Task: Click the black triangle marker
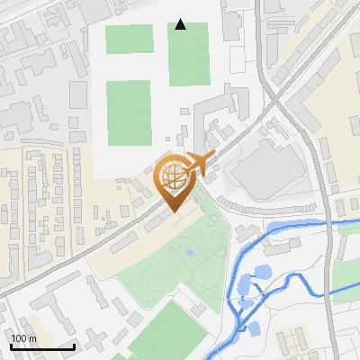pos(181,24)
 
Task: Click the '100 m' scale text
pos(24,337)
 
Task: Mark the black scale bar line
pos(42,346)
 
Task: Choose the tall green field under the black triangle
pos(189,54)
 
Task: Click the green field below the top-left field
pos(130,112)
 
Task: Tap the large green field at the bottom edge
pos(166,333)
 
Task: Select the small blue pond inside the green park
pos(189,251)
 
